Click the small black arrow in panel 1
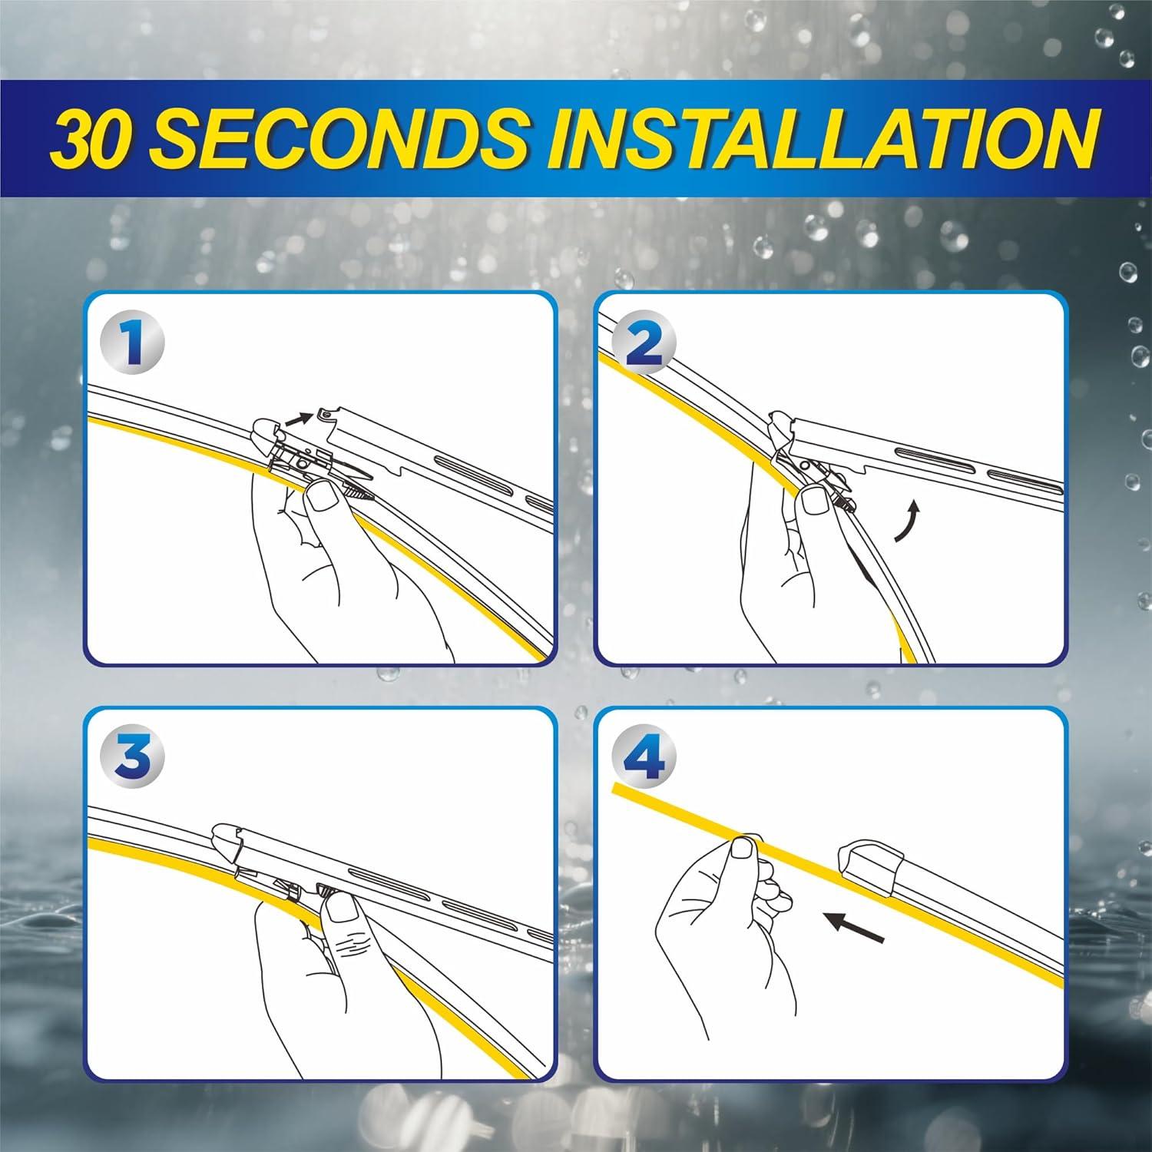coord(297,420)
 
